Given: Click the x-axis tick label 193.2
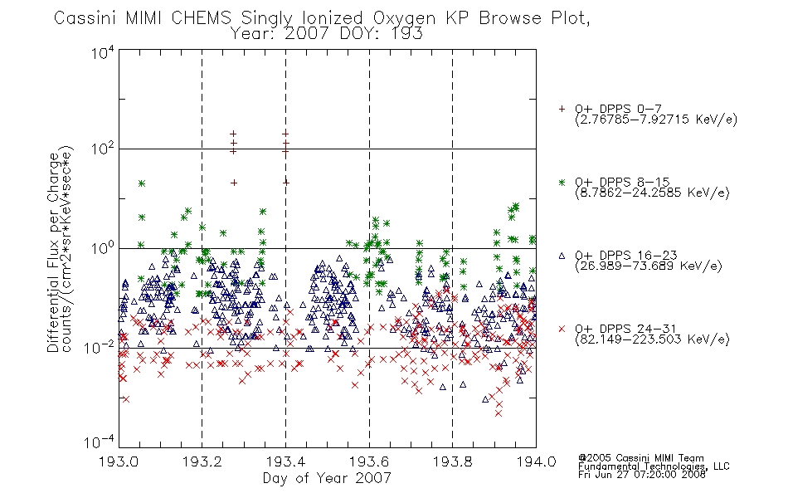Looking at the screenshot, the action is tap(202, 461).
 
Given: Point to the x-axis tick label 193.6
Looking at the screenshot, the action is tap(369, 461).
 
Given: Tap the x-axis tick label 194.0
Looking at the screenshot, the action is tap(536, 461).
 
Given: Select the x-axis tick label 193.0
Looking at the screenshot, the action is tap(119, 461).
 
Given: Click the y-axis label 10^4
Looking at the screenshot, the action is tap(103, 52).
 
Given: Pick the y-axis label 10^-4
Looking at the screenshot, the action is tap(99, 442).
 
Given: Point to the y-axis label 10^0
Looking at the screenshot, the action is tap(103, 247).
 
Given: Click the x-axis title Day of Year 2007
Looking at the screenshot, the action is tap(327, 478).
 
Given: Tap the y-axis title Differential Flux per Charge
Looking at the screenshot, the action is tap(53, 252).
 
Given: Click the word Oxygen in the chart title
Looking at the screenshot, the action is tap(404, 18).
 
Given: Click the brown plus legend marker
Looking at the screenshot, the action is tap(562, 109).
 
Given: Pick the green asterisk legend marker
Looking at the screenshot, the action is tap(562, 182).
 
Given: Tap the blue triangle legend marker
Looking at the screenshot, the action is tap(562, 256).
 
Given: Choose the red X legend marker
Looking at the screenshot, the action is tap(562, 329).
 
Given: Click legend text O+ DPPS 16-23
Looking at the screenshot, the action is tap(626, 255).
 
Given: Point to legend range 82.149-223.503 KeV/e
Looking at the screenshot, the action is tap(652, 339).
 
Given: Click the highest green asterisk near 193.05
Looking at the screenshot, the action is tap(142, 183).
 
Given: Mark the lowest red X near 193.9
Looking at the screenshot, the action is tap(499, 413).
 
